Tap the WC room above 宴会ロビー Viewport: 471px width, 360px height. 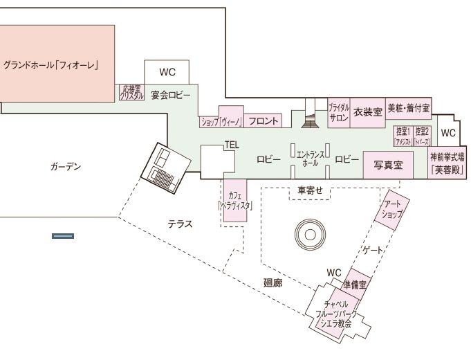pos(167,71)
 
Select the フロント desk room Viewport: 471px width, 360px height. pos(263,121)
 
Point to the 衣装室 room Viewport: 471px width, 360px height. pos(368,112)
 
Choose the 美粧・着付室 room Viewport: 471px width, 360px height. pos(408,109)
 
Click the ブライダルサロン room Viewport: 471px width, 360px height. pos(339,113)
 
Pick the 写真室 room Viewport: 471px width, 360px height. pos(388,165)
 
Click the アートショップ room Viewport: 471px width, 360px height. pos(392,209)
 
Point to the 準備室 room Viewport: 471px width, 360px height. pos(358,283)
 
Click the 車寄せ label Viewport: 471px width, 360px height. pos(311,190)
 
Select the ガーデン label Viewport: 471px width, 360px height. pos(66,167)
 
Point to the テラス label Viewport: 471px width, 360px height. pos(180,224)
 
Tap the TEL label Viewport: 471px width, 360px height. pos(231,145)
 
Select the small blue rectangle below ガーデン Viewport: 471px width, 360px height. pos(63,237)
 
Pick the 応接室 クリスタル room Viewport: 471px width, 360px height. pos(131,92)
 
